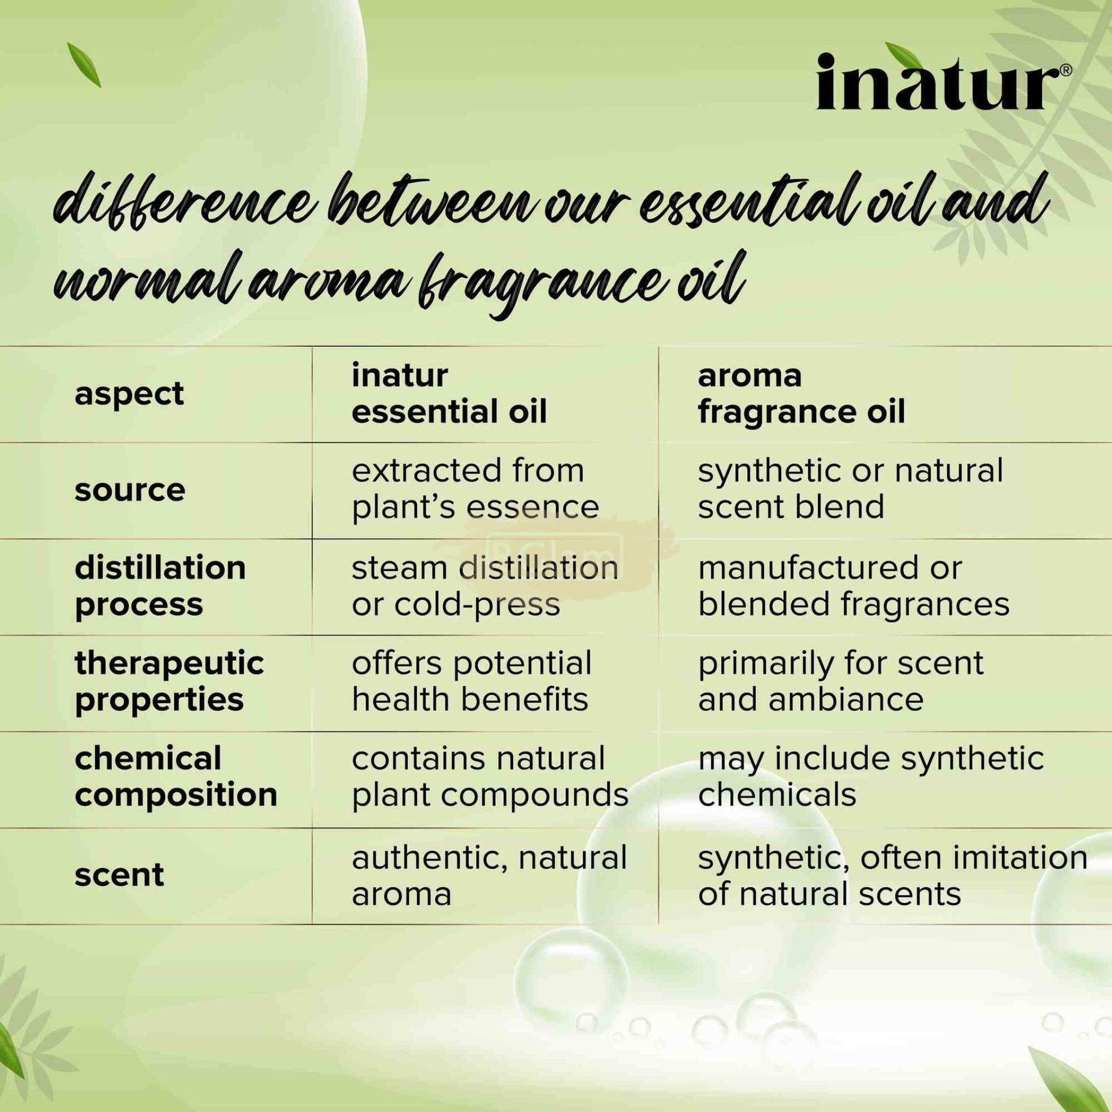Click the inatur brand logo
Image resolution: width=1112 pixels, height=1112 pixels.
point(938,82)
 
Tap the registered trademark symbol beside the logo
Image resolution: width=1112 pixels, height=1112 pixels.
point(1065,70)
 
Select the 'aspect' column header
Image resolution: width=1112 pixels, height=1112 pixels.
point(130,395)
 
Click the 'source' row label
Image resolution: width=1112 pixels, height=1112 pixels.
point(130,490)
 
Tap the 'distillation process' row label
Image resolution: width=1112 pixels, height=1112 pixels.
point(160,586)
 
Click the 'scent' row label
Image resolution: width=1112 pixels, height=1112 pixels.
point(119,875)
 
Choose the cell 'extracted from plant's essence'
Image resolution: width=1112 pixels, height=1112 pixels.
point(476,489)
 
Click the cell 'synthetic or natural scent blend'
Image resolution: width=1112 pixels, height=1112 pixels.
point(851,489)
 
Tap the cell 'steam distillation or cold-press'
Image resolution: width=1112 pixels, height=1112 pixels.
point(485,586)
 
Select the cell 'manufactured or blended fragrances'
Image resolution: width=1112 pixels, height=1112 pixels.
point(854,586)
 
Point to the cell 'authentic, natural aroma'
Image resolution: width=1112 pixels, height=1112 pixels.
point(489,875)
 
